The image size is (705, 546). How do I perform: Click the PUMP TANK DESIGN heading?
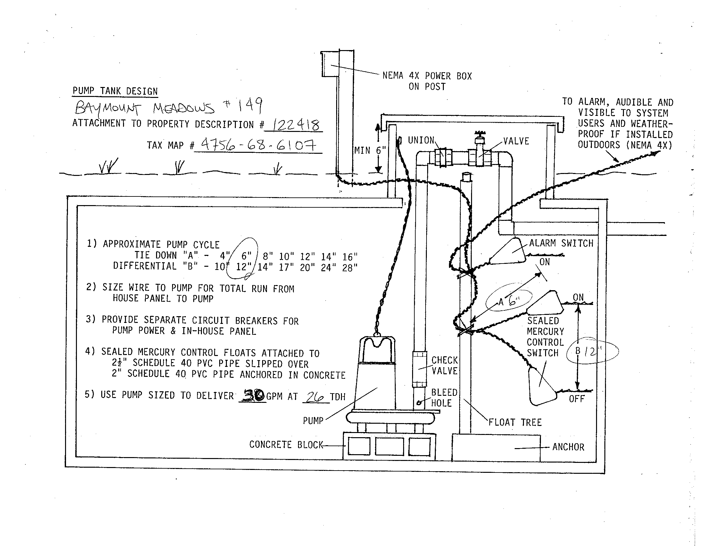115,91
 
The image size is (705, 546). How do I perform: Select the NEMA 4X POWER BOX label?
427,76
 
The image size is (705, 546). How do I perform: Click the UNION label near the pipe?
421,140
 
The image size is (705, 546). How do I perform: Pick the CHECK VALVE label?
444,366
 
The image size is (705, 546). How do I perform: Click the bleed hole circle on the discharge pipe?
420,403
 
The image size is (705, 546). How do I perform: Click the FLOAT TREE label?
515,422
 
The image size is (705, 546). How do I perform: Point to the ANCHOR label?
568,447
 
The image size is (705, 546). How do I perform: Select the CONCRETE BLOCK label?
286,445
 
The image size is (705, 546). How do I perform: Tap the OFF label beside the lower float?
577,399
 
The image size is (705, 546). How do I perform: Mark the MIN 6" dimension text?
370,150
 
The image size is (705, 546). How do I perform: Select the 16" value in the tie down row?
350,257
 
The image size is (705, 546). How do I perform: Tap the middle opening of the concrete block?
390,446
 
